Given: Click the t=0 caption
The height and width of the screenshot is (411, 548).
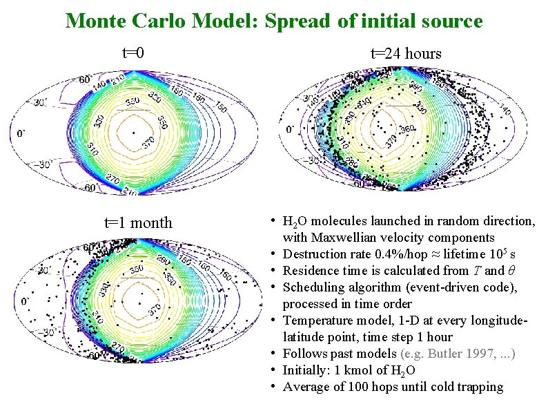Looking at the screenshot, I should pos(133,53).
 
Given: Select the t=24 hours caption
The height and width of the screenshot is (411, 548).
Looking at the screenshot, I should pos(406,53).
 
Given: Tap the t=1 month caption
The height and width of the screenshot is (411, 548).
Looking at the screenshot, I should pos(138,222).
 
